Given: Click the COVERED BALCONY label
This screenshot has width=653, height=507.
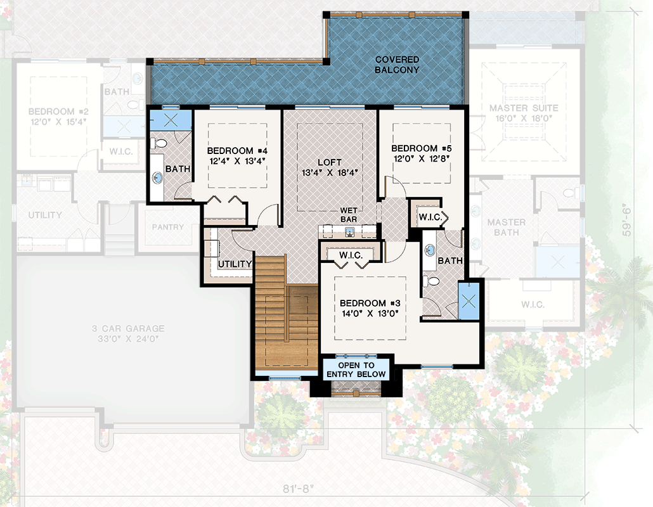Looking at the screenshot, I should pos(397,65).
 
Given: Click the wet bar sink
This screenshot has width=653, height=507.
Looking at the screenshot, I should pos(349,232).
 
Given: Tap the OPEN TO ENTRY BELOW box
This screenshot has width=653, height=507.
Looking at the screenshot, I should pos(356,370).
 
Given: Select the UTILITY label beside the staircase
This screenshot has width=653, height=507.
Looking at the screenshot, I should pos(235,264).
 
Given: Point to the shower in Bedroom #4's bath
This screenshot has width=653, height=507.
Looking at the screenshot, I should pos(170,119).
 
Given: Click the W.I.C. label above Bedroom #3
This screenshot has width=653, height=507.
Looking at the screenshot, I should pos(350,255).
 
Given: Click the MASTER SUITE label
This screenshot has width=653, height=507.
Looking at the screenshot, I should pos(519,108).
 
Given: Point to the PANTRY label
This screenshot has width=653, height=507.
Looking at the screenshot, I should pos(168,227).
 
